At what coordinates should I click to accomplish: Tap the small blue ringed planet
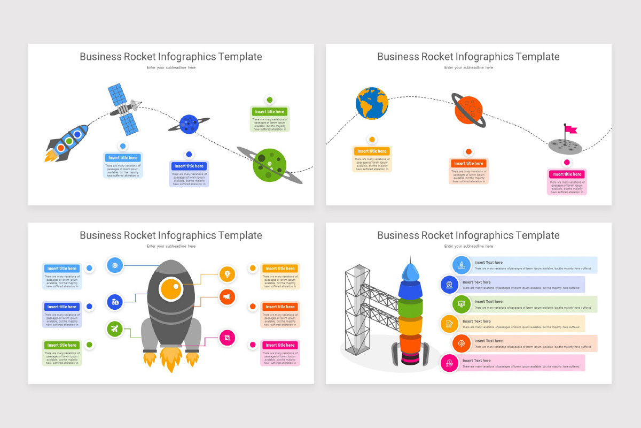pyautogui.click(x=189, y=124)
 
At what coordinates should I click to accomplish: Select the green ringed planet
pyautogui.click(x=270, y=164)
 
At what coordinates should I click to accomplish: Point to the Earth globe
pyautogui.click(x=372, y=103)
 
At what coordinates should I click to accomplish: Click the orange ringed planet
pyautogui.click(x=470, y=111)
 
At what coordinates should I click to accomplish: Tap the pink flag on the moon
pyautogui.click(x=570, y=129)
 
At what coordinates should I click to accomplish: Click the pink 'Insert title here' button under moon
pyautogui.click(x=567, y=174)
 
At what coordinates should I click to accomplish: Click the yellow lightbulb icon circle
pyautogui.click(x=227, y=274)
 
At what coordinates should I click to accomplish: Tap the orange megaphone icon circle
pyautogui.click(x=227, y=296)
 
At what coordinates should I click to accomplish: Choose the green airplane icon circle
pyautogui.click(x=115, y=328)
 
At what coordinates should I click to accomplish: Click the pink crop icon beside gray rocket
pyautogui.click(x=227, y=338)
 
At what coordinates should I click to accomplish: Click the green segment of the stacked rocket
pyautogui.click(x=410, y=308)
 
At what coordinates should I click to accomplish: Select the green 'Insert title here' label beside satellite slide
pyautogui.click(x=270, y=112)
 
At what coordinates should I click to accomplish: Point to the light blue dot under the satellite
pyautogui.click(x=123, y=146)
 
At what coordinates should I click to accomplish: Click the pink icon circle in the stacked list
pyautogui.click(x=449, y=363)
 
